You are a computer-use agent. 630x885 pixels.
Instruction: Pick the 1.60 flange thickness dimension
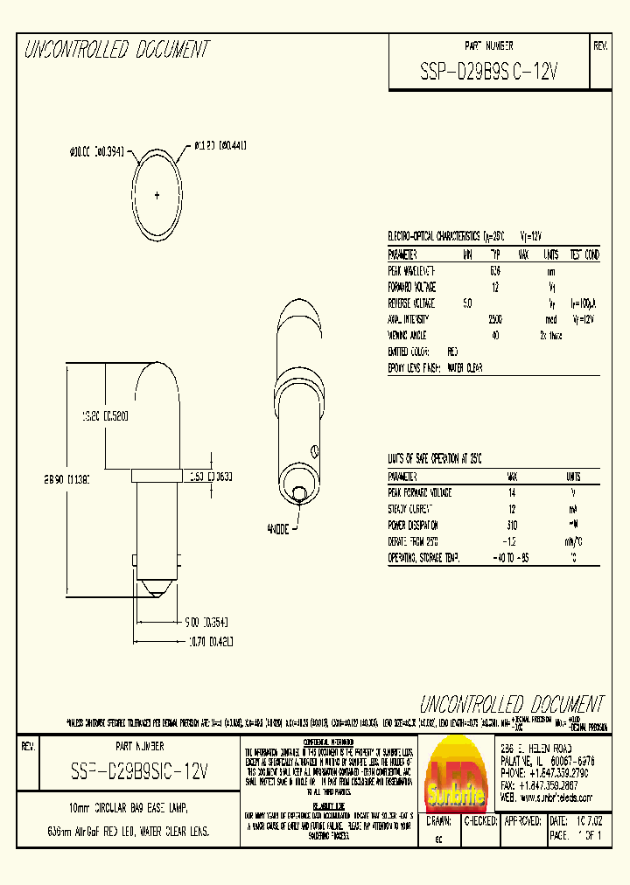click(209, 477)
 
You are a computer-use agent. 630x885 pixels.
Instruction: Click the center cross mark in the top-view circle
click(157, 193)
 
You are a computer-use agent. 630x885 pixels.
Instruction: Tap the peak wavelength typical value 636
click(495, 271)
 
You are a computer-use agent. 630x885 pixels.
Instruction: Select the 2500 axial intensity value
click(495, 319)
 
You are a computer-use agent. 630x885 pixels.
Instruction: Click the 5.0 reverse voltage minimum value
click(467, 303)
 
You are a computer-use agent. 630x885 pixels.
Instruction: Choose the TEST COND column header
click(584, 254)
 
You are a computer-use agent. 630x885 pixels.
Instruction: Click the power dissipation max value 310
click(512, 526)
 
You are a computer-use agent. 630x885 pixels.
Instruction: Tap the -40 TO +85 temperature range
click(512, 558)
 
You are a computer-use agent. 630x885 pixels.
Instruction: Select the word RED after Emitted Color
click(452, 352)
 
